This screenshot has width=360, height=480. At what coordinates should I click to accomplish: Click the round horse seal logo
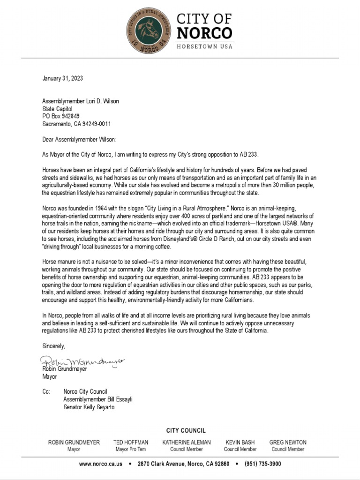pos(150,30)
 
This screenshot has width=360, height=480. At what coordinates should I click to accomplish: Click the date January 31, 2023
pos(63,78)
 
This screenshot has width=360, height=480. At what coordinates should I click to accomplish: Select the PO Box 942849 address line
pos(61,116)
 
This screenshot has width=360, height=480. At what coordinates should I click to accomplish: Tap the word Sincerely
pos(54,346)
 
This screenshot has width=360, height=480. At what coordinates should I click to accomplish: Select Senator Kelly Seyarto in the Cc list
pos(89,407)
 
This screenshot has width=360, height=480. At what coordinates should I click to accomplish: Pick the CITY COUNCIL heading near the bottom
pos(186,430)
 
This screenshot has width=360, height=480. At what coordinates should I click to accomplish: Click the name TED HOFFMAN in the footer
pos(131,442)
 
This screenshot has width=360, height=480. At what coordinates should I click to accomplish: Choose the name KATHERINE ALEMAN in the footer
pos(187,442)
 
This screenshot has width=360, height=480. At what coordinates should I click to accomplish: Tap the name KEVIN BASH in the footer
pos(240,442)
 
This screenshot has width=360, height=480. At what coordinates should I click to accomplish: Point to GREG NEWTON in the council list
pos(288,442)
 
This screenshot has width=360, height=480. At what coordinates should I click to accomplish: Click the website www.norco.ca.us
pos(101,464)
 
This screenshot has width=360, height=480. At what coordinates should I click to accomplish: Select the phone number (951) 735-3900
pos(262,464)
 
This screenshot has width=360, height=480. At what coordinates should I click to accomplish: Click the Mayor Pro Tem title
pos(131,449)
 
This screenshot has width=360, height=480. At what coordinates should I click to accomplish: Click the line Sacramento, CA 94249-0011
pos(76,124)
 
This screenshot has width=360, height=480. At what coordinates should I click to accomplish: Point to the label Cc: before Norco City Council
pos(46,391)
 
